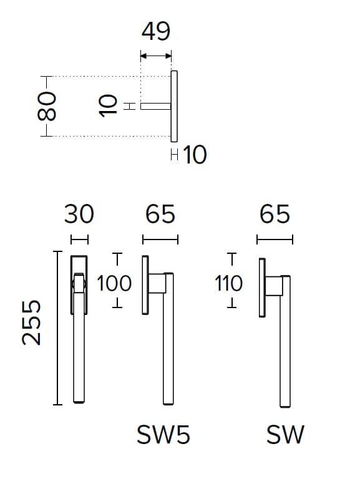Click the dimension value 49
coord(156,31)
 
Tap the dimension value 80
coord(47,106)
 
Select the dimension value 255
coord(31,323)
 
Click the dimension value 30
coord(79,214)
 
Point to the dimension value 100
coord(114,283)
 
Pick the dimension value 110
coord(228,283)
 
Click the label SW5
coord(163,435)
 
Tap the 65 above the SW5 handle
coord(160,214)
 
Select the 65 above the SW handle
coord(275,214)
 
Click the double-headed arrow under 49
coord(156,56)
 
